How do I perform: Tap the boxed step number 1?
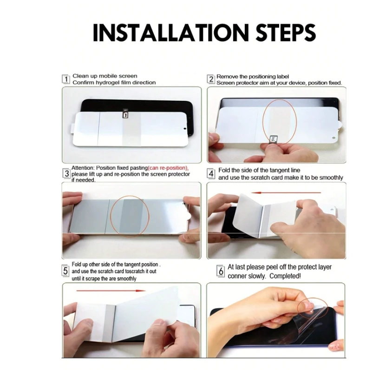click(x=66, y=79)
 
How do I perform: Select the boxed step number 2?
click(x=211, y=79)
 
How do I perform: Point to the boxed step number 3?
click(x=67, y=173)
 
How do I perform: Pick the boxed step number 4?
click(x=211, y=174)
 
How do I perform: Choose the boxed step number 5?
click(x=65, y=271)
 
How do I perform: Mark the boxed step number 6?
click(x=221, y=271)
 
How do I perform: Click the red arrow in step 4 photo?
click(x=286, y=193)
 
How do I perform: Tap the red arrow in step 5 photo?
click(x=111, y=291)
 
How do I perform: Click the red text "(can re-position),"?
click(x=168, y=168)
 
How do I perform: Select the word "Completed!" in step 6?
click(x=285, y=276)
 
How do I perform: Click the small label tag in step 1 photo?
click(x=125, y=113)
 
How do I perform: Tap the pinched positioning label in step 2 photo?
click(x=273, y=139)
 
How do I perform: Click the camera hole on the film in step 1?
click(x=185, y=129)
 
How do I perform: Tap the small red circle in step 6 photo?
click(x=313, y=308)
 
